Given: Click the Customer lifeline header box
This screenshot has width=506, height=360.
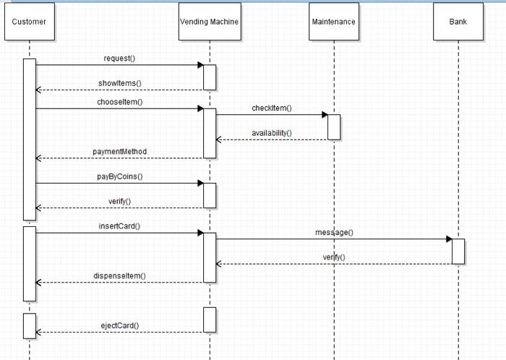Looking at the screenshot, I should tap(29, 22).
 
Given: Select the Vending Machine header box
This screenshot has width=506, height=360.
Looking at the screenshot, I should tap(209, 22).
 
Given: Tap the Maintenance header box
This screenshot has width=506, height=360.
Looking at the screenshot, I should tap(333, 22).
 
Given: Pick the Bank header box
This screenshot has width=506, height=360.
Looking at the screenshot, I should tap(458, 22).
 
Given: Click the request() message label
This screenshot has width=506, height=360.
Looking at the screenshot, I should tap(119, 57).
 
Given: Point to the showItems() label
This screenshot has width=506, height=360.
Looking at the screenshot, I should tap(119, 82).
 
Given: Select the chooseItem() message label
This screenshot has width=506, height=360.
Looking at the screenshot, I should tap(119, 102).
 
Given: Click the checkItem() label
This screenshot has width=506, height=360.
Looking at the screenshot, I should tap(271, 108).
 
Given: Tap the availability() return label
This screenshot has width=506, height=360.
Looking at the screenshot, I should tap(271, 133).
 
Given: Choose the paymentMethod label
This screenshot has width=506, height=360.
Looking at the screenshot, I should tap(119, 151).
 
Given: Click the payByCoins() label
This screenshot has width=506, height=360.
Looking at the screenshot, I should tap(119, 176).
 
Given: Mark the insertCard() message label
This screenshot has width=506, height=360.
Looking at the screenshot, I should tap(119, 226).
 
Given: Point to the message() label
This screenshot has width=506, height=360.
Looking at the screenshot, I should tap(333, 232).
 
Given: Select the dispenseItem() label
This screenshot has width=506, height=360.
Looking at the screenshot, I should tap(119, 275).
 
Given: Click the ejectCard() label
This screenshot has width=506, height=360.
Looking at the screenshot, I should tap(119, 325).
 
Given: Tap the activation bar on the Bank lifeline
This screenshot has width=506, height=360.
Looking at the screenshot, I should tap(458, 251).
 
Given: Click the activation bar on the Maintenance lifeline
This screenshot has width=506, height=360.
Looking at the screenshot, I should tap(333, 127).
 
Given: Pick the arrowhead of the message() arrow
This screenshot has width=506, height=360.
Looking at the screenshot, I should tap(448, 239).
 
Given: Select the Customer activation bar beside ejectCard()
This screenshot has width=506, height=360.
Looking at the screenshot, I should tap(29, 325).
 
